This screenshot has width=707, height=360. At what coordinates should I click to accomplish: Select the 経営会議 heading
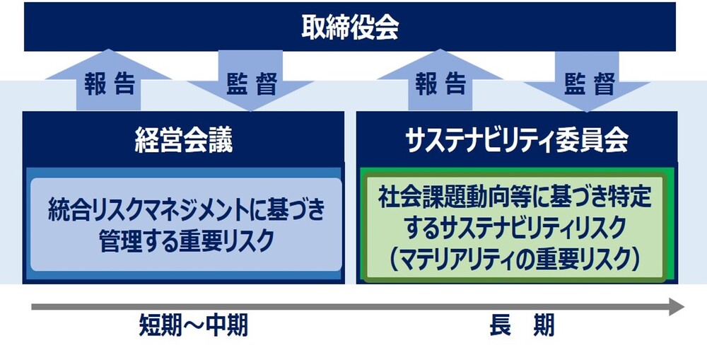click(x=184, y=141)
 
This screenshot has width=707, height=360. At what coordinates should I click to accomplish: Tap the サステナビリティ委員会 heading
click(x=517, y=141)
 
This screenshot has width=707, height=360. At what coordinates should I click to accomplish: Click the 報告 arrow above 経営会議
click(x=108, y=81)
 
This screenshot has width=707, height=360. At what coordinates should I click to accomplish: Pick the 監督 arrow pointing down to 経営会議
click(x=250, y=81)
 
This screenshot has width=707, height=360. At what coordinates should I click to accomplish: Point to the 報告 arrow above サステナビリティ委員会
click(x=440, y=81)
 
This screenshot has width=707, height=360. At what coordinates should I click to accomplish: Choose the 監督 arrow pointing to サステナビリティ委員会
click(x=587, y=81)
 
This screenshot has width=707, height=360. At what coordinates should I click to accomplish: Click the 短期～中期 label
click(x=194, y=326)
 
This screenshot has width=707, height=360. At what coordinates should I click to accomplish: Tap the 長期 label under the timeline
click(x=522, y=326)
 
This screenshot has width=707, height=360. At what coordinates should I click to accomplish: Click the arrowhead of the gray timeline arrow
click(x=677, y=307)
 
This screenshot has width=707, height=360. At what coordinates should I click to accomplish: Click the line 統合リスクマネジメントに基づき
click(x=186, y=211)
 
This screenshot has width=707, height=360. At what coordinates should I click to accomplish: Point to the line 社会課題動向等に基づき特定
click(x=515, y=197)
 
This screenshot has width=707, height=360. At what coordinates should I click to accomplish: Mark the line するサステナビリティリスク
click(x=515, y=228)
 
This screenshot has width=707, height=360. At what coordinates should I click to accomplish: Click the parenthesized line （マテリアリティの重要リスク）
click(x=515, y=260)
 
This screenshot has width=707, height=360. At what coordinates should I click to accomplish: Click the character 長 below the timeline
click(x=500, y=326)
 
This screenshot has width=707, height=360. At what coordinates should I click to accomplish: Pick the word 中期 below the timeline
click(x=227, y=326)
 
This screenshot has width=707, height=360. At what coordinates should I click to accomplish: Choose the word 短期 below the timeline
click(x=160, y=326)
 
